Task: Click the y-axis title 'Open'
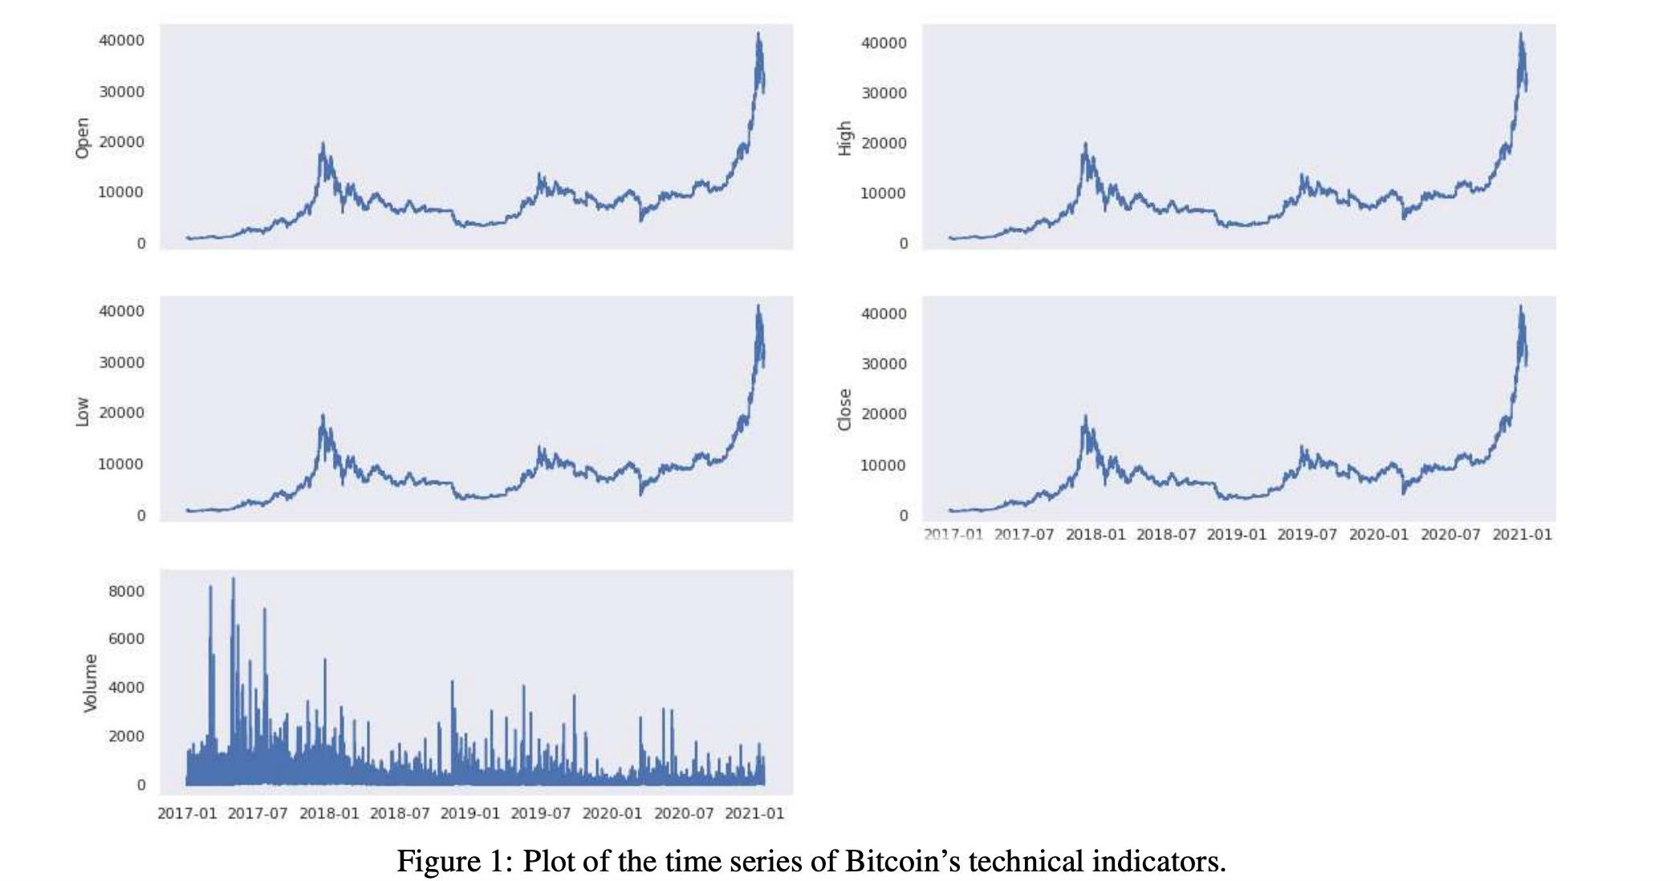click(82, 138)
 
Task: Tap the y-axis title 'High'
click(844, 138)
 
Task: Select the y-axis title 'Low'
click(82, 412)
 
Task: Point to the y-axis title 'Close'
click(844, 410)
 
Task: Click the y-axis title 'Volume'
click(91, 683)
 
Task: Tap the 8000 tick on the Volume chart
click(127, 591)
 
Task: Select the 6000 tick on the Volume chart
click(127, 639)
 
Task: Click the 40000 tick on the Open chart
click(122, 40)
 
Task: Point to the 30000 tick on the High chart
click(884, 93)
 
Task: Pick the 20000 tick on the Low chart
click(122, 412)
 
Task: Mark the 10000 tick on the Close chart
click(884, 465)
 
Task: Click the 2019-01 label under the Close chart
click(1237, 534)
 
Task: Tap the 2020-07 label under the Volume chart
click(684, 814)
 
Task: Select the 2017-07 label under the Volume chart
click(258, 814)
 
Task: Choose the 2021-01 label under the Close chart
click(1522, 534)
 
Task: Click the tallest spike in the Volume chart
click(234, 579)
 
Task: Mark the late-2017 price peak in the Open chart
click(323, 145)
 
